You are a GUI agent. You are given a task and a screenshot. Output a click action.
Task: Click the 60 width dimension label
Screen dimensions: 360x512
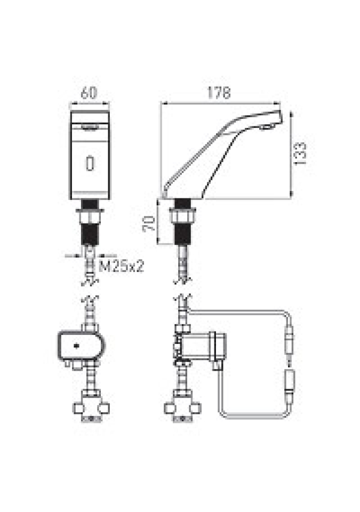(89, 92)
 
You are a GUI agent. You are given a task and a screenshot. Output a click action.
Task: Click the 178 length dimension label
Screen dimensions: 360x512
(219, 93)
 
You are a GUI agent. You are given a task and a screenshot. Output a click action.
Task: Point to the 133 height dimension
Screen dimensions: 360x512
(299, 153)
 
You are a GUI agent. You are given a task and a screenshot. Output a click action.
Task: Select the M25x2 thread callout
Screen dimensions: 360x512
(121, 266)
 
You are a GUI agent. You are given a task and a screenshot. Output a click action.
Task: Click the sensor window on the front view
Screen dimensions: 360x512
(90, 163)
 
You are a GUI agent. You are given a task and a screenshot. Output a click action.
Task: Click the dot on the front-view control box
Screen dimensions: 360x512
(77, 346)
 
